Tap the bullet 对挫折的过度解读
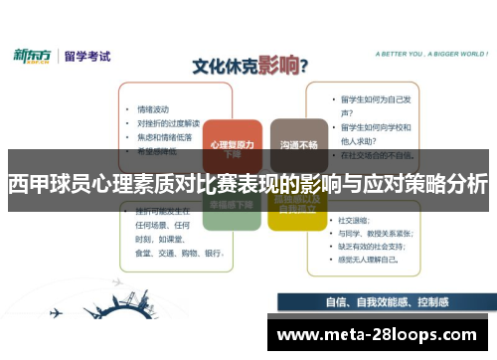(168, 122)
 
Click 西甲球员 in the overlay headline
(46, 184)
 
